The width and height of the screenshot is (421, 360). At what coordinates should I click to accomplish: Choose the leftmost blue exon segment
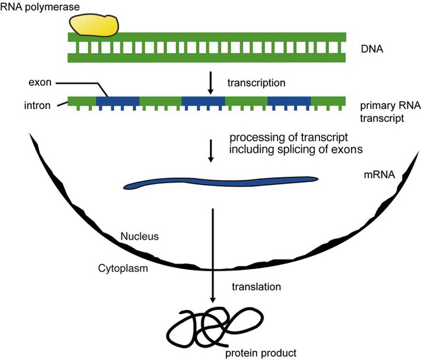coord(117,101)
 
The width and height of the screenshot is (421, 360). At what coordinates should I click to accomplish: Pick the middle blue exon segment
coord(203,101)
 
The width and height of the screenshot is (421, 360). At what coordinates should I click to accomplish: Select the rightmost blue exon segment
coord(289,101)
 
